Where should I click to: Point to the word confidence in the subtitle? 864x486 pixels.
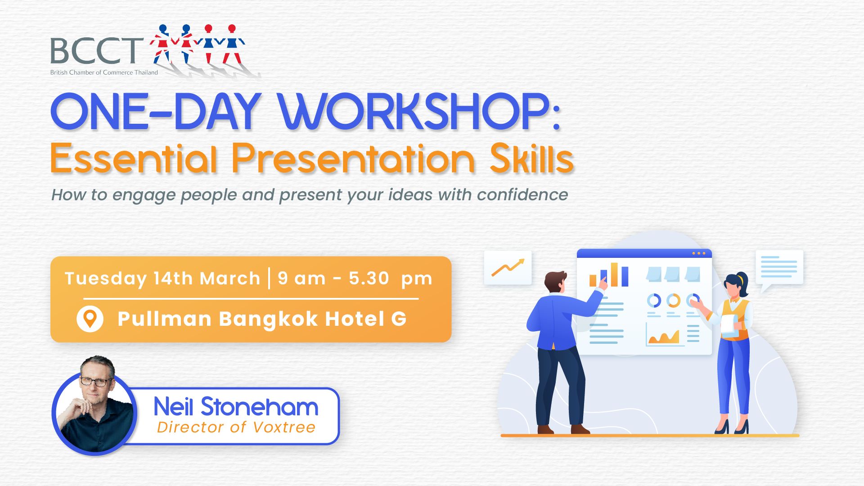(522, 195)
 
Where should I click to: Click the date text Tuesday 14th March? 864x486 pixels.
(162, 279)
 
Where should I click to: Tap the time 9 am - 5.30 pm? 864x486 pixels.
(355, 279)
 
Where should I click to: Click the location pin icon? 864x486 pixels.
(90, 319)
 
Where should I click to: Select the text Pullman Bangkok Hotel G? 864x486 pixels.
(262, 319)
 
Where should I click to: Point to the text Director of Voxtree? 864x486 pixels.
(236, 427)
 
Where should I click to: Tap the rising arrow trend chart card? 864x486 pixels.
(508, 268)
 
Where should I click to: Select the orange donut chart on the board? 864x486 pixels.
(673, 300)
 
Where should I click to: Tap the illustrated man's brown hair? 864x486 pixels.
(555, 279)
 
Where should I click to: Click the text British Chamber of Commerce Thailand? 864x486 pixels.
(104, 72)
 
